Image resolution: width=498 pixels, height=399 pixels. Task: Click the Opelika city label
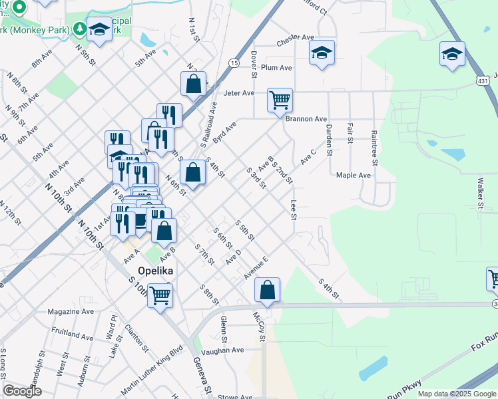156,271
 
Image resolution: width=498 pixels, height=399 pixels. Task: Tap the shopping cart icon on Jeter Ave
280,100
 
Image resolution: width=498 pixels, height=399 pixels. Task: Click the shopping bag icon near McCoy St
267,290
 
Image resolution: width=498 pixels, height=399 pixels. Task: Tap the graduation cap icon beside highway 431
452,53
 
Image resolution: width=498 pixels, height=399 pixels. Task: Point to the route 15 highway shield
233,63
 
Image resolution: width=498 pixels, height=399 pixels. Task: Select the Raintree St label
375,148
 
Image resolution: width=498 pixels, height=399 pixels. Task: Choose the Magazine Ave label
71,311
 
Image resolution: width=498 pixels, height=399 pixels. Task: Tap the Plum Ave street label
277,68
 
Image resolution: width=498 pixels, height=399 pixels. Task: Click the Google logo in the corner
22,391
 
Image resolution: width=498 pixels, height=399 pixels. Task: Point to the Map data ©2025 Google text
457,394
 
